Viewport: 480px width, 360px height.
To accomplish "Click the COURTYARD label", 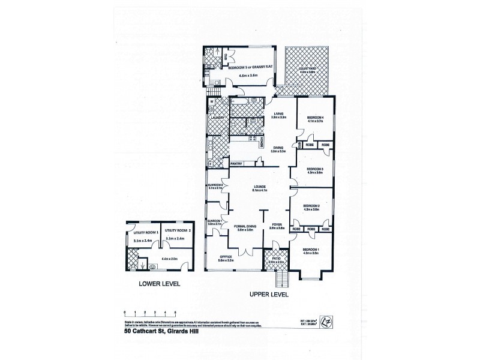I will pos(307,69).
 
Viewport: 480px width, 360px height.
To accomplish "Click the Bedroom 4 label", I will pos(315,117).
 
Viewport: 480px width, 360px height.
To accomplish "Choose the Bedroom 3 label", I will pos(314,169).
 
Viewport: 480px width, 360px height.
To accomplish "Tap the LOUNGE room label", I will pos(260,186).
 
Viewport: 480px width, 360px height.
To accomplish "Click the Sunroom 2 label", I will pos(215,184).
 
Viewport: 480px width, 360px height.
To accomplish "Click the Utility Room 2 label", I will pos(178,230).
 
